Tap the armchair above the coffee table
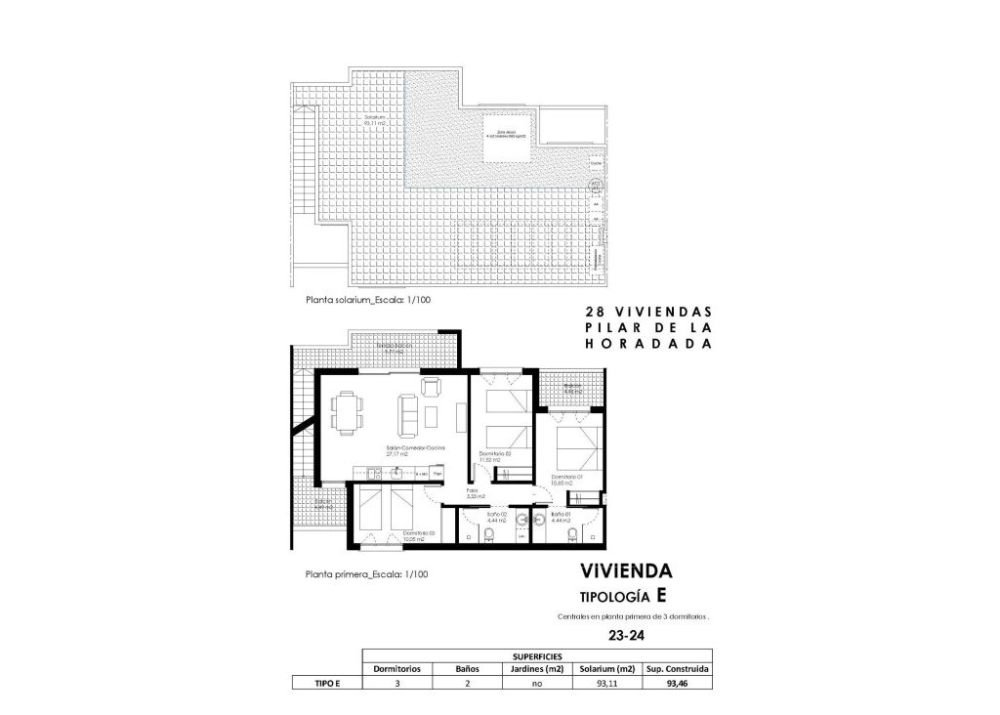coord(431,388)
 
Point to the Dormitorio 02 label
coord(495,457)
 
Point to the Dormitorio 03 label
coord(416,533)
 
